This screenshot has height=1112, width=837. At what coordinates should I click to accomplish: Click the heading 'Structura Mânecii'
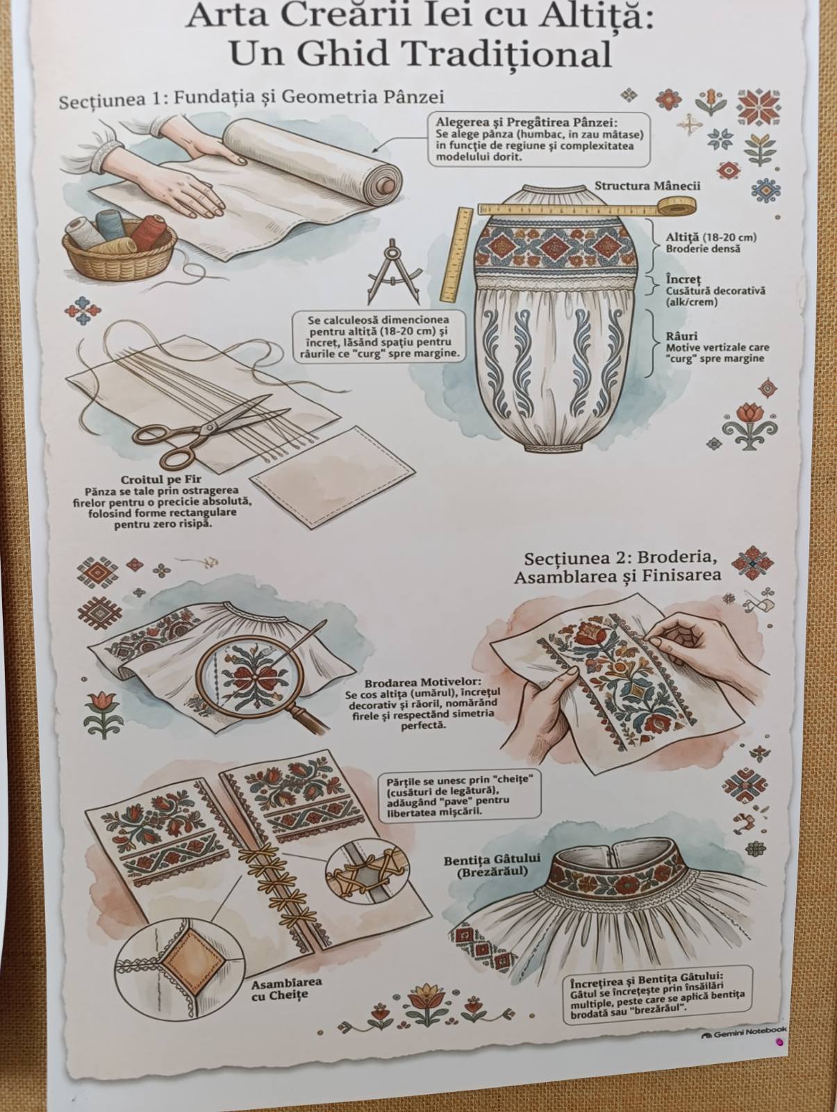(647, 186)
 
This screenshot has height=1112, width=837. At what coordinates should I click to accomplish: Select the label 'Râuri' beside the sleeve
(681, 336)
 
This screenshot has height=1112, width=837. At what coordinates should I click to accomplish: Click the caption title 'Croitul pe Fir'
(161, 479)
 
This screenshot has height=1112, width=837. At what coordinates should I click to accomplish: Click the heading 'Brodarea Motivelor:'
(423, 681)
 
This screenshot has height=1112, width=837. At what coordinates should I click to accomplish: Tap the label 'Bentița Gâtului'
(492, 860)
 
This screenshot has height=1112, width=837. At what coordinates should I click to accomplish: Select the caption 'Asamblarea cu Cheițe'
(286, 988)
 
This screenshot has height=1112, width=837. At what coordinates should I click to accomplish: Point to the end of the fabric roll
(386, 186)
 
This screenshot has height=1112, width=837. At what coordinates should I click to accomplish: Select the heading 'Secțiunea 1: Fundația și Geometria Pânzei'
(251, 98)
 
